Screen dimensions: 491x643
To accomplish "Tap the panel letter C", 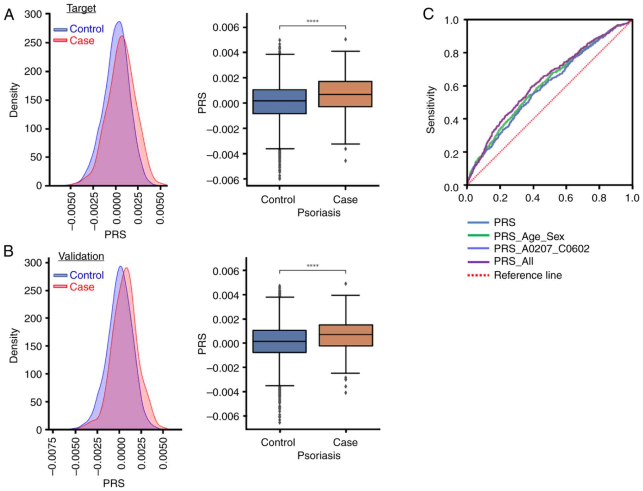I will tap(428, 14).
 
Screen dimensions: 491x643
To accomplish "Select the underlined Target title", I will tap(81, 8).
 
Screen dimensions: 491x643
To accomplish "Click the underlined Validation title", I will tap(81, 256).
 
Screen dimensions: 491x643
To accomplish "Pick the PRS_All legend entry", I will tap(513, 261).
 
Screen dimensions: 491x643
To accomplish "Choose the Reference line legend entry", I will tap(528, 275).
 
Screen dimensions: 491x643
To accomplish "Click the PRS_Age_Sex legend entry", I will tap(529, 236).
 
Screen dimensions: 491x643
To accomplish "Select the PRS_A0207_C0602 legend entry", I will tap(541, 249).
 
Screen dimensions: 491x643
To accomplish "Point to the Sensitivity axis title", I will tap(431, 110).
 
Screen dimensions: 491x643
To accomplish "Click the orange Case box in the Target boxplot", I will tap(345, 94).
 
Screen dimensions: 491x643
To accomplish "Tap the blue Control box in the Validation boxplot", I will tap(279, 341).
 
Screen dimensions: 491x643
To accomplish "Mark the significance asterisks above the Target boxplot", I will tap(313, 21).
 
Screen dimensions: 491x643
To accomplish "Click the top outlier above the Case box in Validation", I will tap(346, 284).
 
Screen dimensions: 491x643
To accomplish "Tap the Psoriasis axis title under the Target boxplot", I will tap(319, 213).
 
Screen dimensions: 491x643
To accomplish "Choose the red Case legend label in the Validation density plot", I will tap(82, 287).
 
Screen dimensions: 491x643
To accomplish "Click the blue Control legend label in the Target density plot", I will tap(86, 29).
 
